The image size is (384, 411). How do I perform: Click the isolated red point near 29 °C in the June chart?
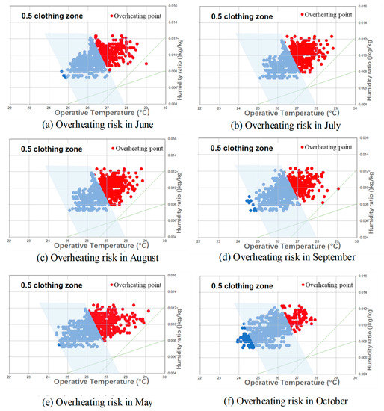point(147,64)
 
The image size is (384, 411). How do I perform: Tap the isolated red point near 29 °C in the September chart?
point(338,188)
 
